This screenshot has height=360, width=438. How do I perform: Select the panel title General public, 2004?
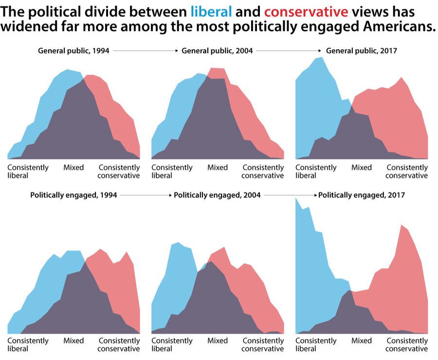pos(217,50)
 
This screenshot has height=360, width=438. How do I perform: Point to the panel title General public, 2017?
pos(362,50)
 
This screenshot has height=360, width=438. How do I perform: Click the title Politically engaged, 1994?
pos(73,195)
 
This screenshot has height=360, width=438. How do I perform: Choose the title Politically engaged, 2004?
pos(217,195)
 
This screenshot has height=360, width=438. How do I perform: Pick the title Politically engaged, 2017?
pos(362,195)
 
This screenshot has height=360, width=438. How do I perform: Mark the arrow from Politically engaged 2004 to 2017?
pos(290,195)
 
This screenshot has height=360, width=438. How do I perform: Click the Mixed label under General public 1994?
pos(73,168)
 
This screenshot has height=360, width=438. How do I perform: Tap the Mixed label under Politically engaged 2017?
pos(362,341)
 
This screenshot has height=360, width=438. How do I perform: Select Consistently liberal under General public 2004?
pos(172,171)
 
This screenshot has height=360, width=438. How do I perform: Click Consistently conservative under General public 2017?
pos(407,171)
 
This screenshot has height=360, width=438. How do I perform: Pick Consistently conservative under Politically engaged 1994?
pos(119,344)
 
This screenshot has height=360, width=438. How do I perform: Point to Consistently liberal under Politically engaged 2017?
pos(316,344)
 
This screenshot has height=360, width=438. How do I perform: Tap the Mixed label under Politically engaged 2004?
pos(218,341)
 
